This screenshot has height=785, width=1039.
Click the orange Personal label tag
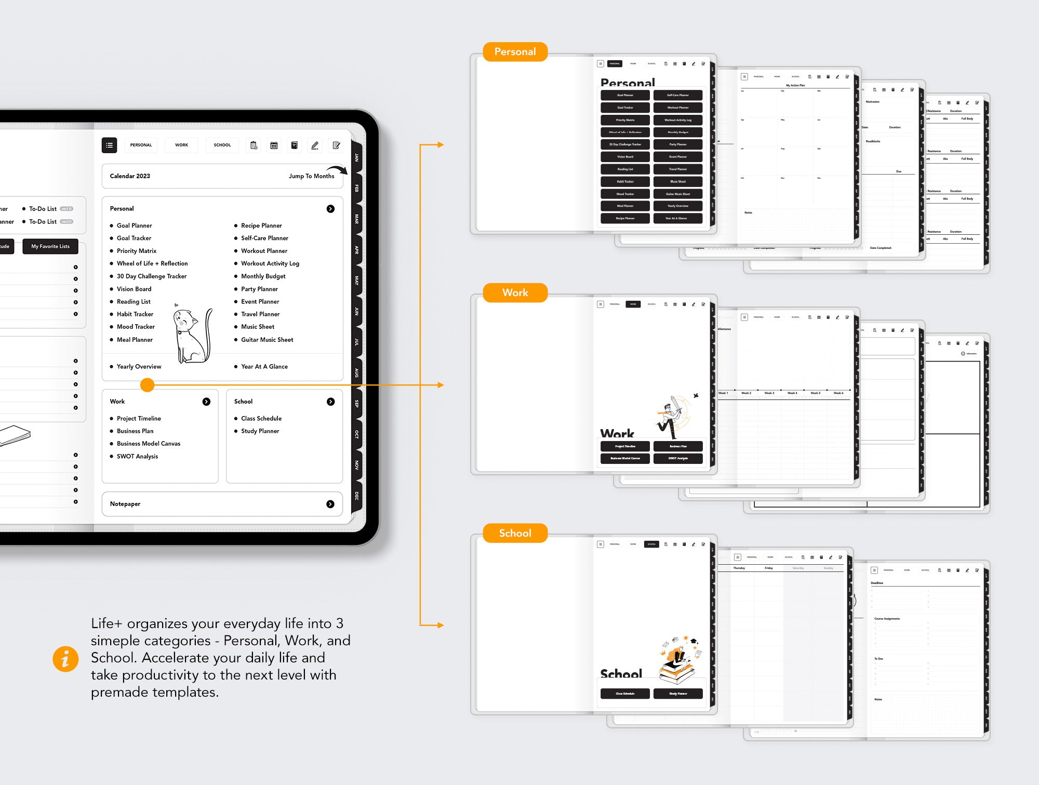point(515,52)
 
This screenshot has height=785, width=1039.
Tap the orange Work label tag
point(515,292)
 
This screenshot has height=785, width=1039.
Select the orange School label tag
point(515,533)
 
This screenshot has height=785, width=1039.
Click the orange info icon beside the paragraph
point(65,659)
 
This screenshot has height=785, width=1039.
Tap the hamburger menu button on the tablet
point(109,145)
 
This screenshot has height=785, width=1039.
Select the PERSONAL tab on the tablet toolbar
point(141,145)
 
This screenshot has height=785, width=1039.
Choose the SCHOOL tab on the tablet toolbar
point(222,145)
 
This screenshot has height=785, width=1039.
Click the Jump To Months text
point(311,176)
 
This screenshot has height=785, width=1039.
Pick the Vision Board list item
point(134,289)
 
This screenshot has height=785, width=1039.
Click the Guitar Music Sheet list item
point(267,340)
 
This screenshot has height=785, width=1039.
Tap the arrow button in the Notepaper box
point(330,504)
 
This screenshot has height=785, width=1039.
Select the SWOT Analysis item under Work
point(137,456)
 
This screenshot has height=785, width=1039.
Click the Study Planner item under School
point(260,431)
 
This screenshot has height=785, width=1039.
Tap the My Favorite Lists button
point(50,246)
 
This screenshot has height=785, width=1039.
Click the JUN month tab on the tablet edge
point(357,311)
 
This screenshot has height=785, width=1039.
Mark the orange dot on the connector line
point(148,385)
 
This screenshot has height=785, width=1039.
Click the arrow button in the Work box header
point(206,402)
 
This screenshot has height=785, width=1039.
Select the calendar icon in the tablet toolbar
point(274,145)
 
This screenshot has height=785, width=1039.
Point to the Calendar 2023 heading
point(130,176)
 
